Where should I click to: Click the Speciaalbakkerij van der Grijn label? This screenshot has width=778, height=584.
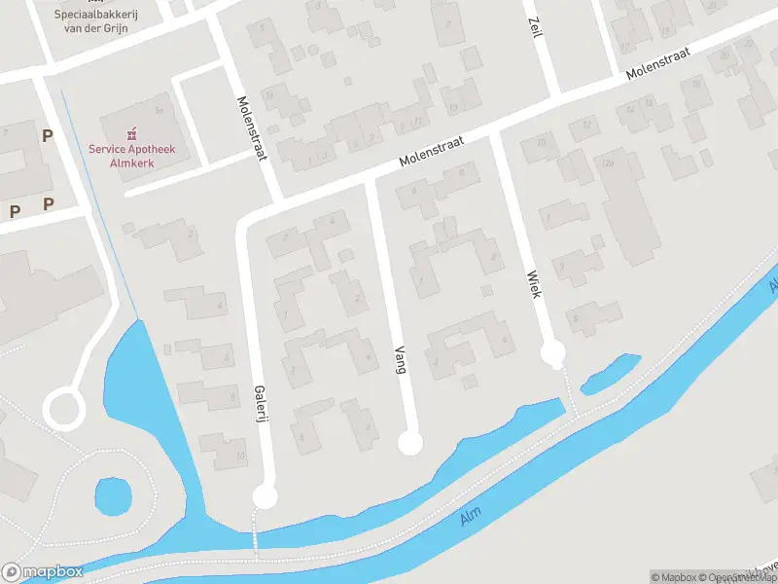coord(121,19)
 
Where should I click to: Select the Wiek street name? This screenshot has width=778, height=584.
coord(533,282)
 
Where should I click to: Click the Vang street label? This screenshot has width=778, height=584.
coord(400,360)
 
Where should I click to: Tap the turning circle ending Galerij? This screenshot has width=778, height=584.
coord(265,497)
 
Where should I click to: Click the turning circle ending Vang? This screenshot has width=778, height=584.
coord(411,444)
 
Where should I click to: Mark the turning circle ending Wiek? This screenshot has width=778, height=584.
coord(553,351)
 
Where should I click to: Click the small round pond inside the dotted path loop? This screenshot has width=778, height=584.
coord(113,497)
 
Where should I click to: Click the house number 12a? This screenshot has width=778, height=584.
coord(610,163)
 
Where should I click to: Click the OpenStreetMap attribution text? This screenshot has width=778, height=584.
coord(740,577)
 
